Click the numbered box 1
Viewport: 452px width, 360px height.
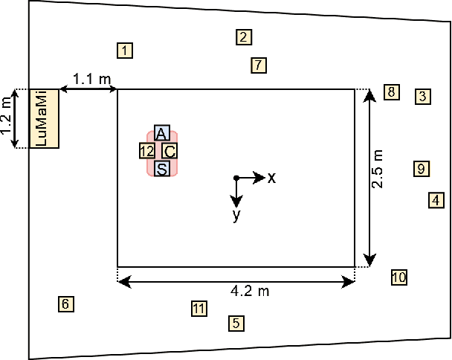coord(125,51)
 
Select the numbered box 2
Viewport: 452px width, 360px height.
coord(243,36)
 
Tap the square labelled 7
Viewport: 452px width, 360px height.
coord(257,65)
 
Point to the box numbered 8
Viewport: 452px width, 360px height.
coord(391,92)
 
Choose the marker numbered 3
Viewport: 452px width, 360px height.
coord(422,96)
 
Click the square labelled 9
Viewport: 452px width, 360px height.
coord(421,169)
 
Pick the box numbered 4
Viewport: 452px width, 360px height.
coord(436,199)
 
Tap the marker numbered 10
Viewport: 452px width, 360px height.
coord(399,277)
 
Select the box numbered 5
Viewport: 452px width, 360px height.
coord(236,323)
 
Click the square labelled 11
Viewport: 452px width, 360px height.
coord(198,309)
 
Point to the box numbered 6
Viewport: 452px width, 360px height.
coord(65,303)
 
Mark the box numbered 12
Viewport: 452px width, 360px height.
coord(146,151)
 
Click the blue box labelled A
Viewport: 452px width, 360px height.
coord(161,133)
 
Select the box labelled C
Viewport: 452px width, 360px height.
coord(169,151)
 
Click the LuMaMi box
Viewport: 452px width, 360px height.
coord(44,118)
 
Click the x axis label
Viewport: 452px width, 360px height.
coord(272,178)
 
